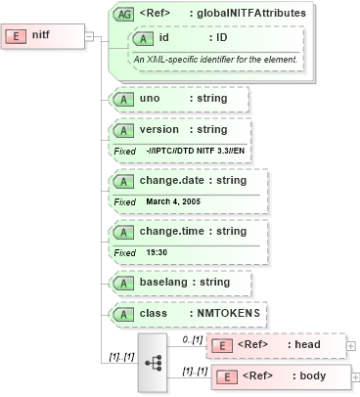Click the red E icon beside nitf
click(x=17, y=36)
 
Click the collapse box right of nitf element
click(x=89, y=37)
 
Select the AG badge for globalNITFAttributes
click(x=125, y=14)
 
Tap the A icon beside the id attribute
click(x=144, y=38)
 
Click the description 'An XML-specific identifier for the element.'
click(x=216, y=60)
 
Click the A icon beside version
click(x=124, y=130)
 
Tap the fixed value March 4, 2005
click(x=173, y=201)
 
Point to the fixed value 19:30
click(x=157, y=252)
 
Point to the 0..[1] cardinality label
click(x=193, y=337)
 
